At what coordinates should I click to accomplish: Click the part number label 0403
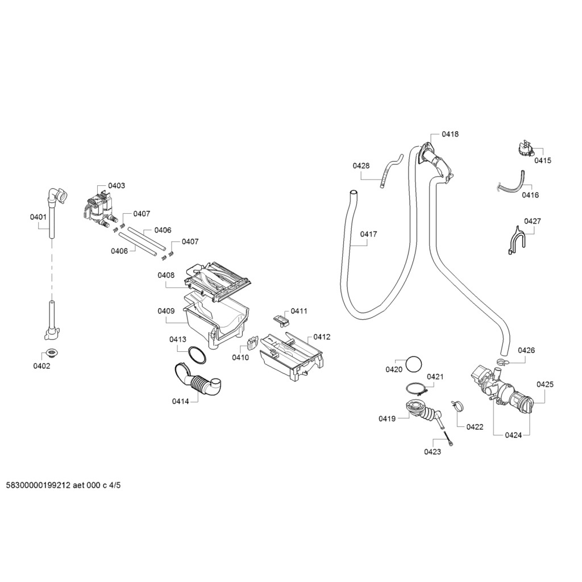(117, 186)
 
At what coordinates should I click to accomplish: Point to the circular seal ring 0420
(415, 364)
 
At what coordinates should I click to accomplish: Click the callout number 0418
(450, 134)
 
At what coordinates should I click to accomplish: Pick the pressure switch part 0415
(525, 149)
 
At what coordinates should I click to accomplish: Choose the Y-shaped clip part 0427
(515, 240)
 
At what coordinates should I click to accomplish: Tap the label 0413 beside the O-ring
(177, 339)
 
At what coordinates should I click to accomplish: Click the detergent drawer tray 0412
(292, 356)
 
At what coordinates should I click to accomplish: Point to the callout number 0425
(544, 384)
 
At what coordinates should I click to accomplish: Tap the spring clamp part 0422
(457, 405)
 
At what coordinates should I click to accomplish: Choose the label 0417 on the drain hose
(368, 234)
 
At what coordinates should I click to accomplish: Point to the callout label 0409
(166, 311)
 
